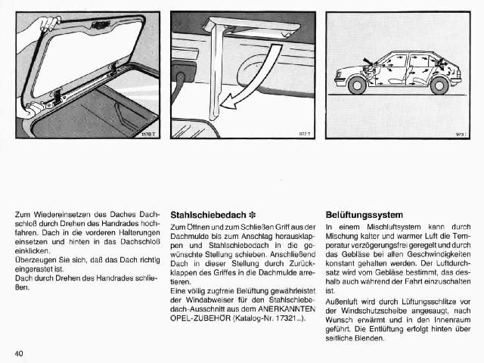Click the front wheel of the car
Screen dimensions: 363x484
(x=357, y=85)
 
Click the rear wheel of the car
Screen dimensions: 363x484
(x=439, y=85)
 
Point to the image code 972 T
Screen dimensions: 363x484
(x=306, y=134)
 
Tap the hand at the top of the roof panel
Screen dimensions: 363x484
(x=48, y=23)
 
